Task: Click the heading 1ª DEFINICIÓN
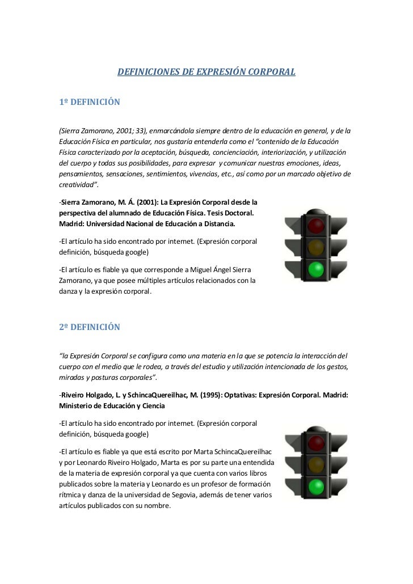click(x=90, y=103)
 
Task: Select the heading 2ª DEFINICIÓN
click(x=90, y=327)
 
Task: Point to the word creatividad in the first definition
click(x=77, y=184)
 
